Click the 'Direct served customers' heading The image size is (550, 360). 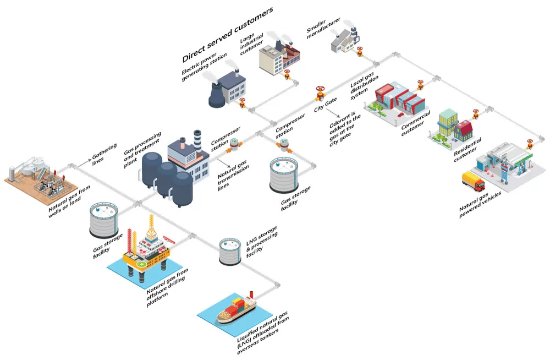(228, 35)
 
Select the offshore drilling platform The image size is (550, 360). (146, 248)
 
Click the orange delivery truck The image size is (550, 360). (472, 181)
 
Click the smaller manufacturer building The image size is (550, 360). (344, 40)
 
